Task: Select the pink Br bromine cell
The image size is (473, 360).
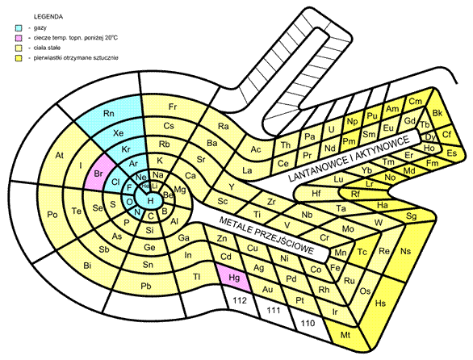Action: coord(100,174)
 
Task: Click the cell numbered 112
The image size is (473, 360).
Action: coord(240,301)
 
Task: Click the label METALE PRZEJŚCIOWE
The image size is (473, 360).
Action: coord(266,235)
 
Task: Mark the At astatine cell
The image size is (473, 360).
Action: coord(59,155)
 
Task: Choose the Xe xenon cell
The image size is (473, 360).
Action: coord(119,133)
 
